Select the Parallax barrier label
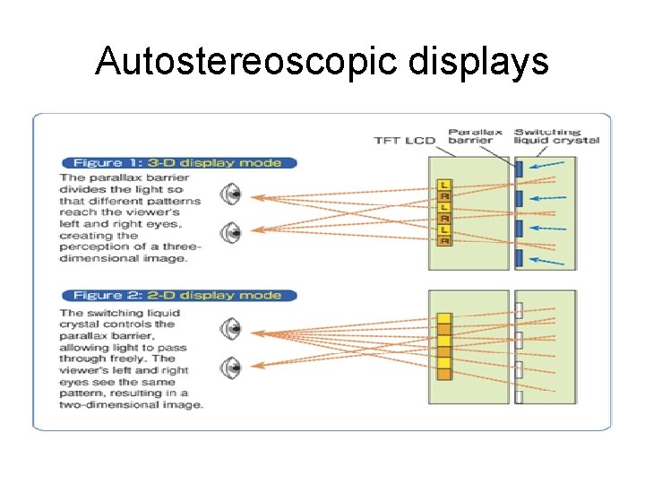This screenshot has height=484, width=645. click(470, 135)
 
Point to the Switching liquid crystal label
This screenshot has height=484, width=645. click(556, 135)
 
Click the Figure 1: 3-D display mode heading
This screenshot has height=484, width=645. click(176, 163)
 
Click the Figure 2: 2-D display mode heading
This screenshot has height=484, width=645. click(176, 295)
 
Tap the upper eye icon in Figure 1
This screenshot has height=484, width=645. click(232, 194)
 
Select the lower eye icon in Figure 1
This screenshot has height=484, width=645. click(232, 232)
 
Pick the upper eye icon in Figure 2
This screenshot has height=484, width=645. click(232, 328)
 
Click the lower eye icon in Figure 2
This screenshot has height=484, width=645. click(232, 367)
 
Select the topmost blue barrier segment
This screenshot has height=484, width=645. click(520, 168)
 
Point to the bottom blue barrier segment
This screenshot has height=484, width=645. click(520, 259)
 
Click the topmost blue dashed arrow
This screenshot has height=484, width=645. click(548, 165)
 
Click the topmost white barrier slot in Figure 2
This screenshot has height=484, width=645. click(520, 312)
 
